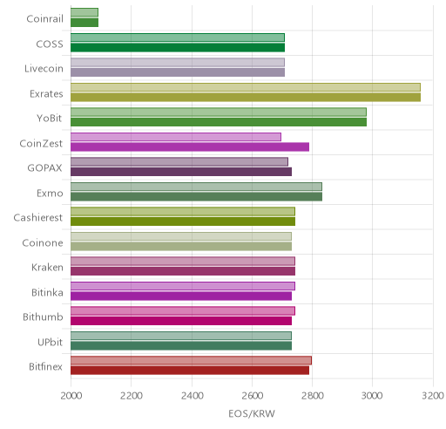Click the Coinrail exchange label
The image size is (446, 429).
44,19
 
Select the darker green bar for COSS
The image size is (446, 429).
178,48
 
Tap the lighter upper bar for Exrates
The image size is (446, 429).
246,87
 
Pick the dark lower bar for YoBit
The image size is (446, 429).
219,122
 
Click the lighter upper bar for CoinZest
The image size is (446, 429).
176,137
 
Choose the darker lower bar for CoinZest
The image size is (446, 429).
190,147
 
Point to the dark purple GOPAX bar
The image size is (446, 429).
181,172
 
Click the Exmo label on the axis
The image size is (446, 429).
50,194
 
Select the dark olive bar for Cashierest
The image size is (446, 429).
183,221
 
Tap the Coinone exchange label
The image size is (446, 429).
43,243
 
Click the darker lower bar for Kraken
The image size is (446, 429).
183,271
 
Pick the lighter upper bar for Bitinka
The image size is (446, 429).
183,286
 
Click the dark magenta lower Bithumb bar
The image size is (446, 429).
181,321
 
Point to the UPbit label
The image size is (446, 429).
50,343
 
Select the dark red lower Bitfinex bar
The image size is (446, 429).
190,371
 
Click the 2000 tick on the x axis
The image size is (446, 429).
71,396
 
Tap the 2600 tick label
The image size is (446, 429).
252,396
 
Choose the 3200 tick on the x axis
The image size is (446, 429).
433,396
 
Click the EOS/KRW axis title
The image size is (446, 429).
252,414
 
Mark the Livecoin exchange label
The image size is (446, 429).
44,69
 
